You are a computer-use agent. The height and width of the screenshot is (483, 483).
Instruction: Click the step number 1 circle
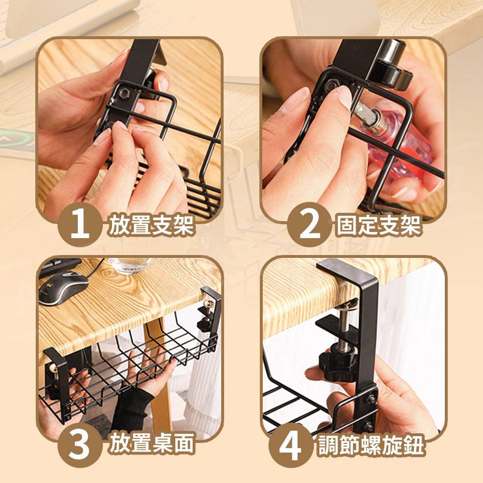coord(80,224)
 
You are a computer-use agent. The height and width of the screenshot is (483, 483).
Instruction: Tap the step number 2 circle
coord(309,224)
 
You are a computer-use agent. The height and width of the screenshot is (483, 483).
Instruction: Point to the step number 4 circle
coord(291,445)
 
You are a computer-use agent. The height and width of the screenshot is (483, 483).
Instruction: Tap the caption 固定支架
coord(379,225)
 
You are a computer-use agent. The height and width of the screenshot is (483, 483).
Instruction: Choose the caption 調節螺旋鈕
coord(371,445)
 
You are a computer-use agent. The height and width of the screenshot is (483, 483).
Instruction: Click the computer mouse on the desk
coord(63,287)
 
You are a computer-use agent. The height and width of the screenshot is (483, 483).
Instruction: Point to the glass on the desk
coord(130,266)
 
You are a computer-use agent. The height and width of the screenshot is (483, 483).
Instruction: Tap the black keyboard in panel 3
coord(59,266)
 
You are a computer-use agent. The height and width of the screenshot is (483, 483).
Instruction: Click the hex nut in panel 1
coord(124,93)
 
